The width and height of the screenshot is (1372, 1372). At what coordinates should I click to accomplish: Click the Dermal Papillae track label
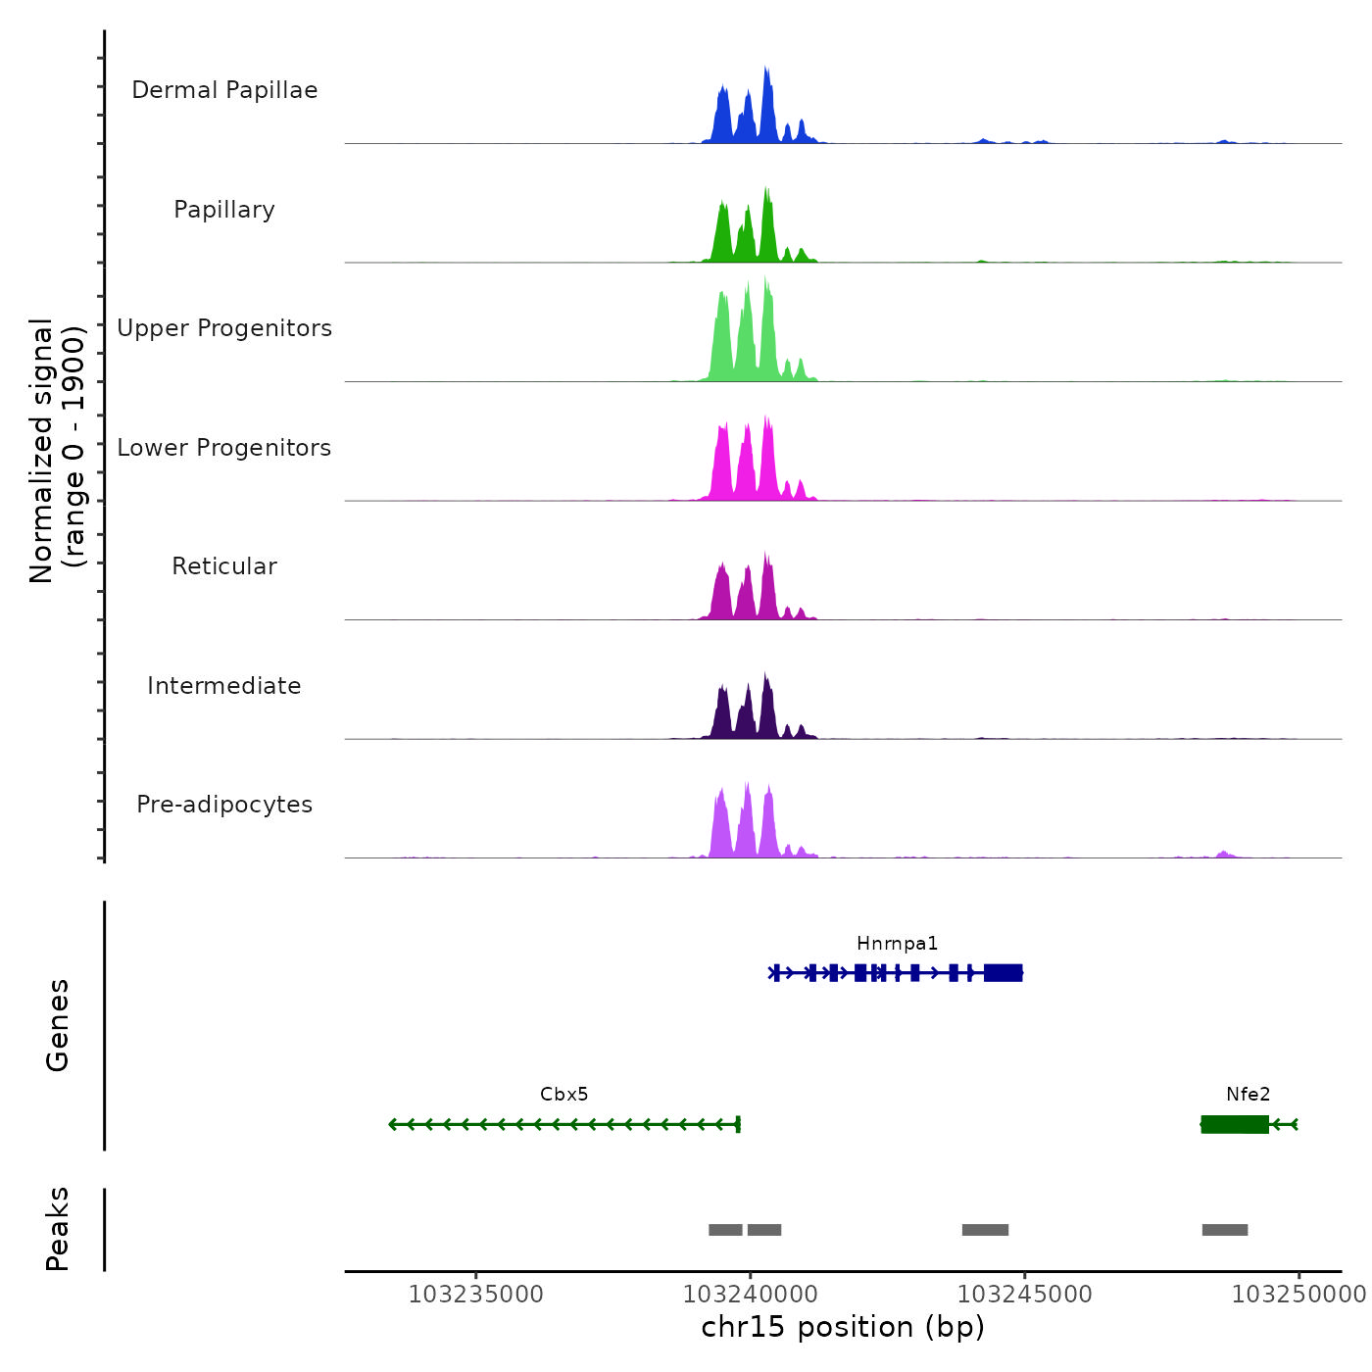(224, 90)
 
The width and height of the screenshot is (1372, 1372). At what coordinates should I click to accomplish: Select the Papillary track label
(224, 210)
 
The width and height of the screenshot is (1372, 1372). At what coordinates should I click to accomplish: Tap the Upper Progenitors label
(224, 328)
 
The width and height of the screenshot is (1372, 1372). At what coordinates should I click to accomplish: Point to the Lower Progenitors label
(224, 448)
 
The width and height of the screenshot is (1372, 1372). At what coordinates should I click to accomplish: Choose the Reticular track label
(224, 566)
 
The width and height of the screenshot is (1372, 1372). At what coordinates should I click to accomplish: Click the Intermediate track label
(224, 686)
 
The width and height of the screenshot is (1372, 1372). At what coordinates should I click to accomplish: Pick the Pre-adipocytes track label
(224, 805)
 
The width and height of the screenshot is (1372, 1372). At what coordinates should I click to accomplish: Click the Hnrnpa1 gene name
(897, 944)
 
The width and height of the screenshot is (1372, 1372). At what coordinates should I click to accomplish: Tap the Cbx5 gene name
(563, 1095)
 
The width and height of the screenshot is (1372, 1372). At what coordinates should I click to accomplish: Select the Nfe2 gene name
(1248, 1095)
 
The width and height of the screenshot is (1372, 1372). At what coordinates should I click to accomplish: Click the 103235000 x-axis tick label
(476, 1295)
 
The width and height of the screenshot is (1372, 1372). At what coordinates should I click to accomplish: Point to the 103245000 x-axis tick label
(1024, 1295)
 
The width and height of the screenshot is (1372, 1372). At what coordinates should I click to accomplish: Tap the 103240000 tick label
(751, 1295)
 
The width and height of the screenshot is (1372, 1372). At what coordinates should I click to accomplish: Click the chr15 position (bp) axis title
(843, 1327)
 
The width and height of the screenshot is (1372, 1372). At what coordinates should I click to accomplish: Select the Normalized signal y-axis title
(57, 451)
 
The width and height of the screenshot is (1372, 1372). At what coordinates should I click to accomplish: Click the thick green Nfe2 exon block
(1235, 1124)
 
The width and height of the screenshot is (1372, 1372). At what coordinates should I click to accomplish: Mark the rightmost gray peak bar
(1225, 1230)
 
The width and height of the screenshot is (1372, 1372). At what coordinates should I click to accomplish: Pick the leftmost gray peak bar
(725, 1230)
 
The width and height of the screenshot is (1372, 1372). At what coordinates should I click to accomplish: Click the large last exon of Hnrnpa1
(1004, 972)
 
